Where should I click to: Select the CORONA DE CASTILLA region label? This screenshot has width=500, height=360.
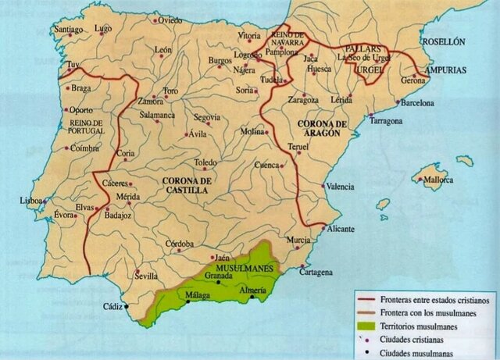[x=187, y=185]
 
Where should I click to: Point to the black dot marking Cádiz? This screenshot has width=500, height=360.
[x=124, y=306]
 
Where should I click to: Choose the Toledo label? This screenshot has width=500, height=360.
[x=205, y=162]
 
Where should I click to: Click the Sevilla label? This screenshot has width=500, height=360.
[x=146, y=276]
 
